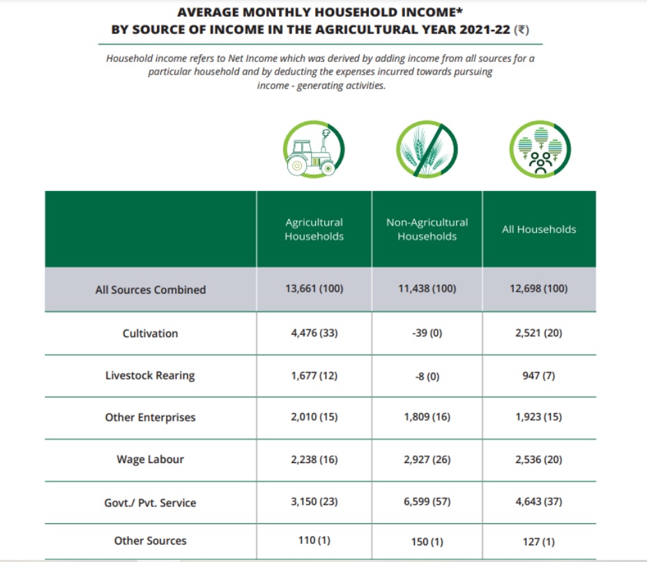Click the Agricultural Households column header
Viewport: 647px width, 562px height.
point(314,229)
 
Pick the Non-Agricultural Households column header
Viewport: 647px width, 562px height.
point(427,229)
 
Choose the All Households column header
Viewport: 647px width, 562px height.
point(539,229)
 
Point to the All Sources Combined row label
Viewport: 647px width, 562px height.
point(151,290)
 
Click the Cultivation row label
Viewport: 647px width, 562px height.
point(151,333)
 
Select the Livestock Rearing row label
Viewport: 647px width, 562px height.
point(150,375)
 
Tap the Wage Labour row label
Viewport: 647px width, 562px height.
point(151,460)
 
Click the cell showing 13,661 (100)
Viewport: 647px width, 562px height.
point(314,289)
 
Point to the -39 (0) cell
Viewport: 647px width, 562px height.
point(427,333)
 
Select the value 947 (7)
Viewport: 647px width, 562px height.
point(539,375)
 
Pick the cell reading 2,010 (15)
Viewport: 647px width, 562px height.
point(314,417)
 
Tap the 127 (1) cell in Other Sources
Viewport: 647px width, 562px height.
point(539,540)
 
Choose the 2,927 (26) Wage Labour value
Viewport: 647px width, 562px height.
point(427,460)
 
